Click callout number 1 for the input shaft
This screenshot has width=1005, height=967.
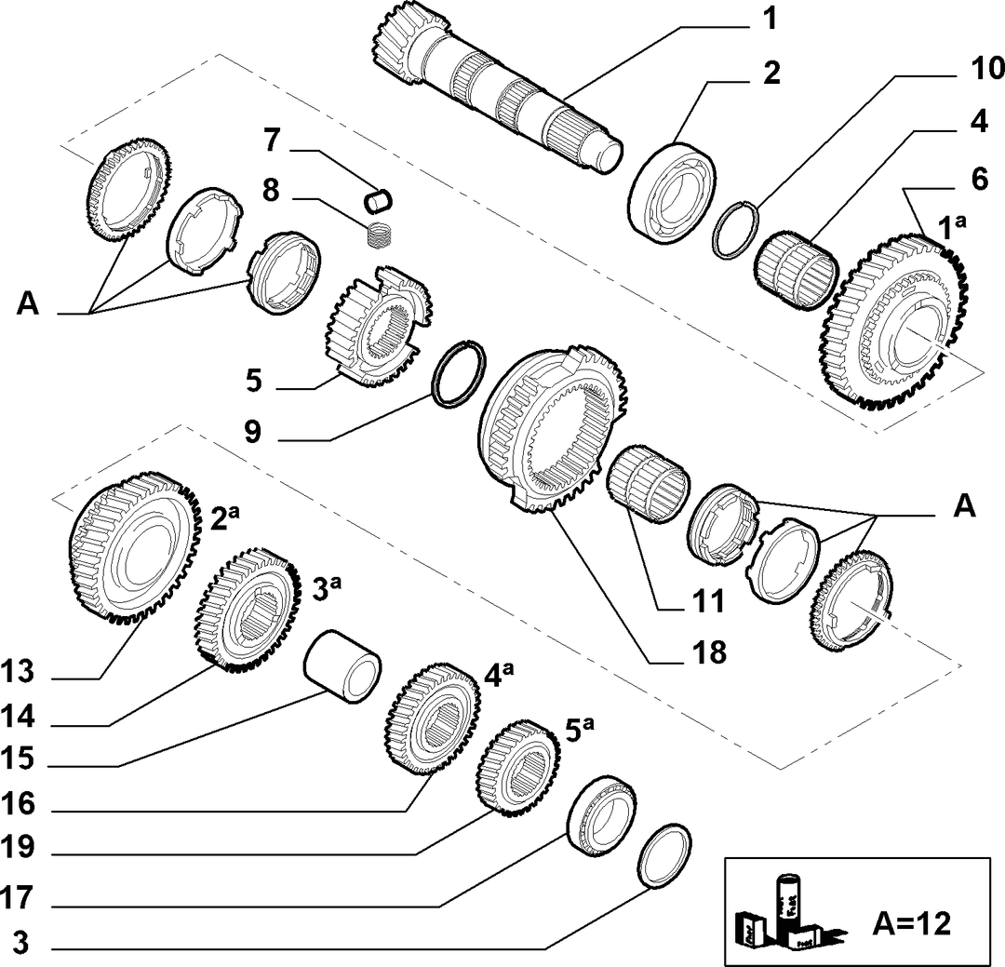click(x=770, y=20)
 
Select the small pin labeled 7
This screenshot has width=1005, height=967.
click(x=378, y=199)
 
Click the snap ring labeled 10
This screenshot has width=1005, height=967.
click(x=736, y=230)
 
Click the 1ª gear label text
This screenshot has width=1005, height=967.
click(x=952, y=228)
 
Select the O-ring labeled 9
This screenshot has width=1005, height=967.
click(x=459, y=373)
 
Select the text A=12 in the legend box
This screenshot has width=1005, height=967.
click(x=911, y=923)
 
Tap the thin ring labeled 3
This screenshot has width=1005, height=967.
click(x=665, y=856)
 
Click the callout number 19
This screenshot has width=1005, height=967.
click(x=18, y=848)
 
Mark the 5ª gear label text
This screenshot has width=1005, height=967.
click(x=580, y=729)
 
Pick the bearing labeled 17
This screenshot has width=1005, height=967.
click(x=602, y=815)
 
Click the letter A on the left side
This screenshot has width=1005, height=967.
click(x=28, y=303)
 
